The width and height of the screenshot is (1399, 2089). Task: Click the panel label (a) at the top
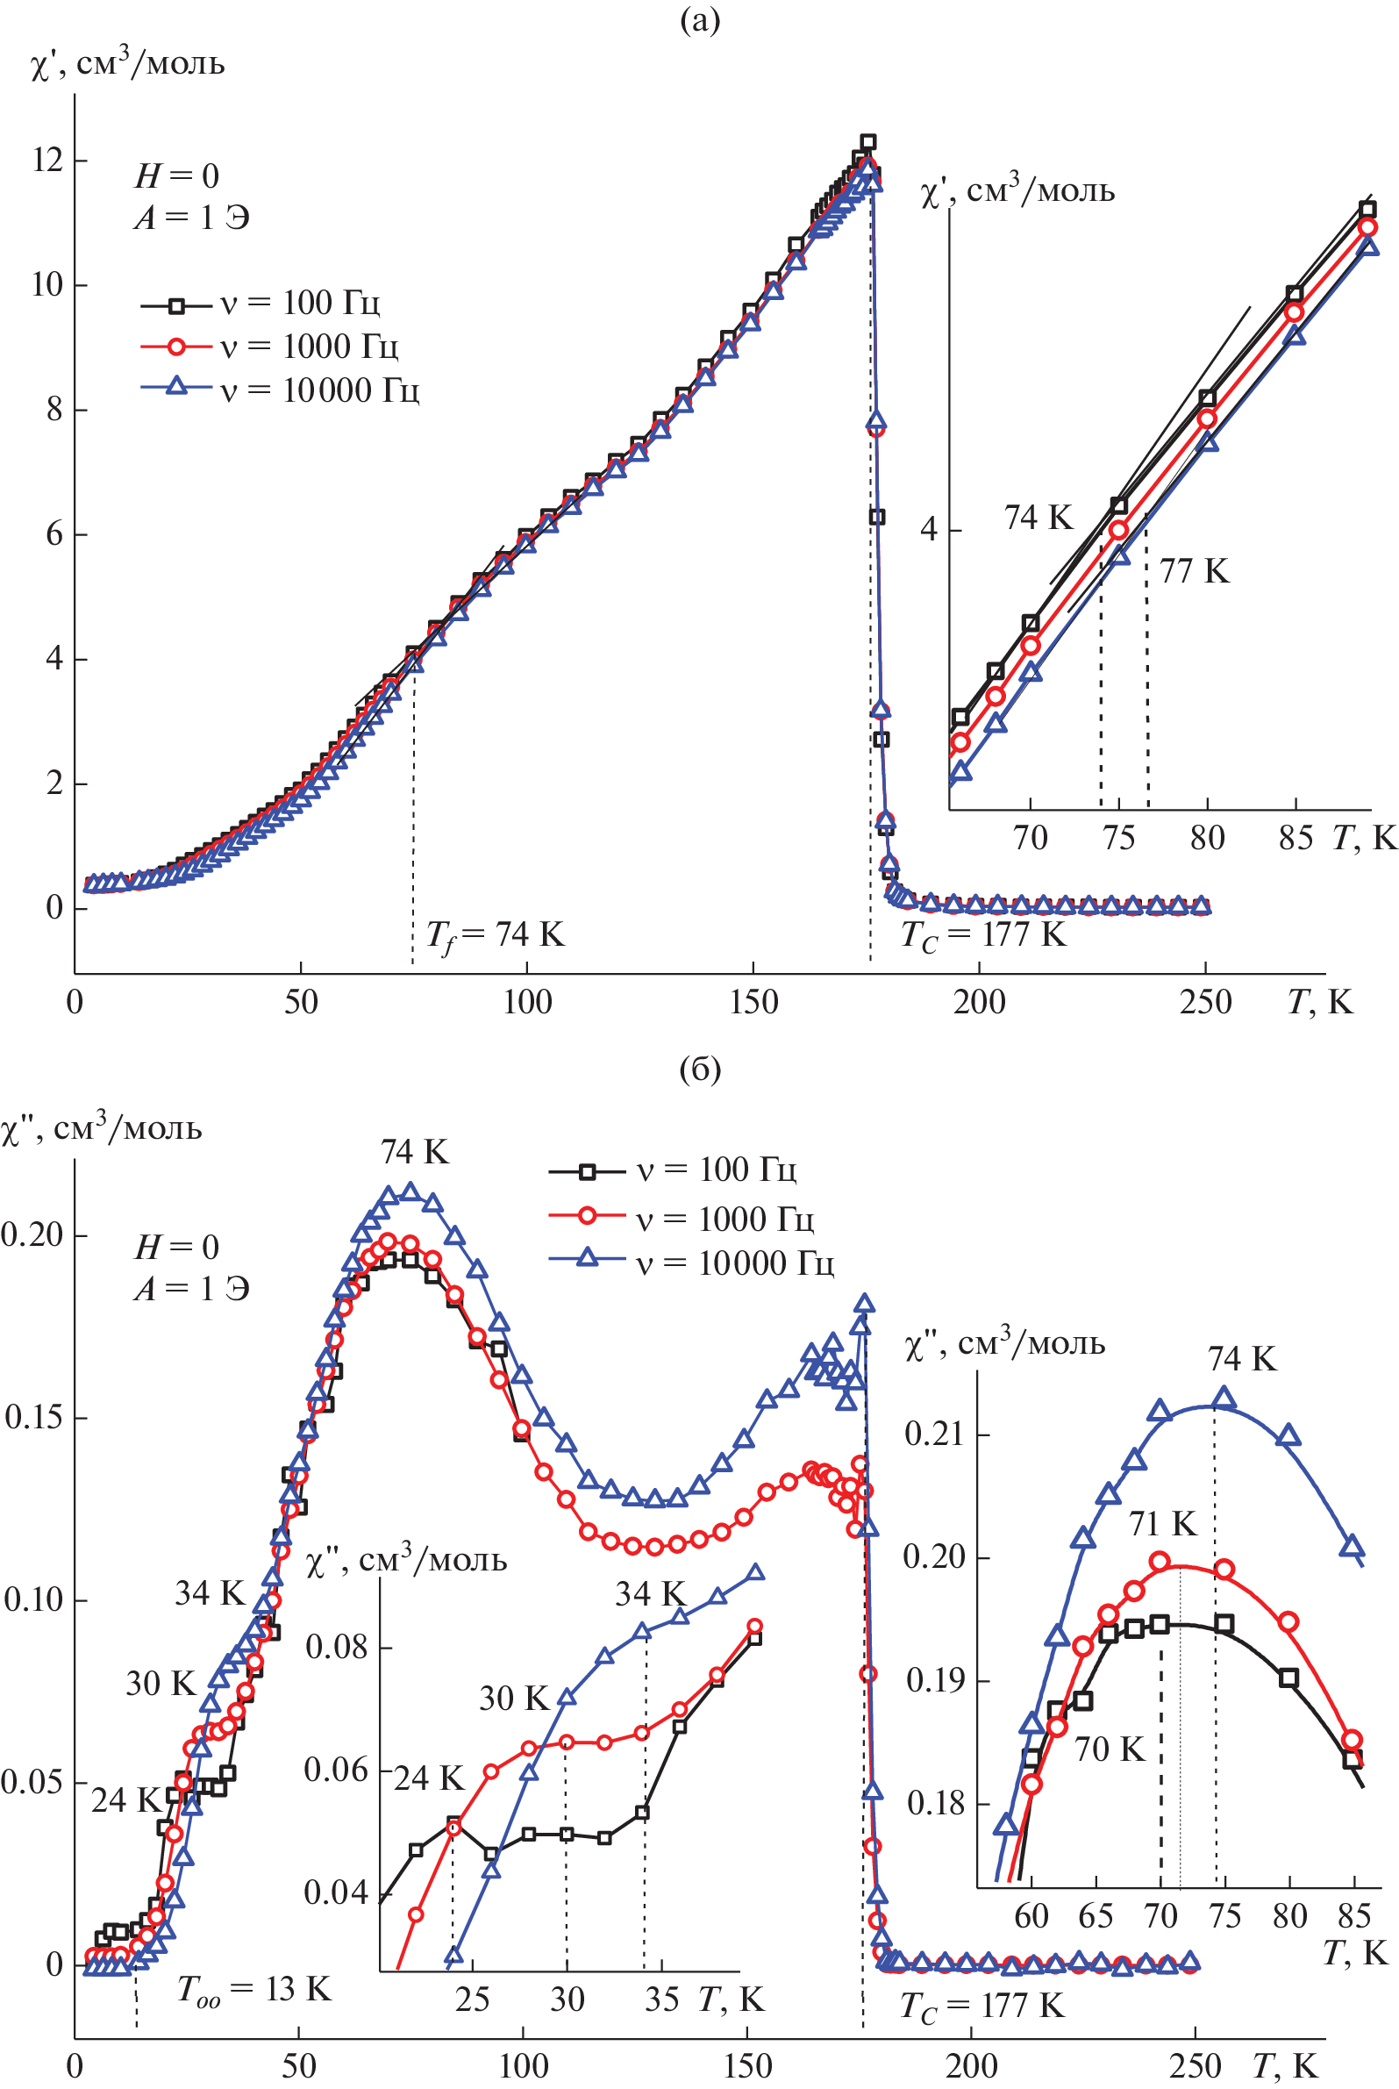point(700,19)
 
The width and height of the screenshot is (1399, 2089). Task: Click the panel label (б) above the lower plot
point(700,1068)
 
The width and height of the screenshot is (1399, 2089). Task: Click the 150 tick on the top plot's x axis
point(753,1002)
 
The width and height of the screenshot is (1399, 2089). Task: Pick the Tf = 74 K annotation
point(495,935)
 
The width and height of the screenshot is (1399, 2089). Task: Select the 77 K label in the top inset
point(1194,571)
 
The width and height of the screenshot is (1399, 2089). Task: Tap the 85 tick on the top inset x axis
point(1295,838)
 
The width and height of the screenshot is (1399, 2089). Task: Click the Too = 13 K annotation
point(254,1989)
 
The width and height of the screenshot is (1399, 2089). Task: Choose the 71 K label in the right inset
point(1162,1523)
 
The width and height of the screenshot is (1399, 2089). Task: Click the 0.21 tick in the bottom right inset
point(934,1434)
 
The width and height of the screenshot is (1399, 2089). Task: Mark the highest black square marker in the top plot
point(867,142)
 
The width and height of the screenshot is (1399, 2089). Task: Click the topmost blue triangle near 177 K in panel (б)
point(864,1304)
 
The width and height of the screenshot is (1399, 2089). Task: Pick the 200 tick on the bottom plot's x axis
point(972,2066)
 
